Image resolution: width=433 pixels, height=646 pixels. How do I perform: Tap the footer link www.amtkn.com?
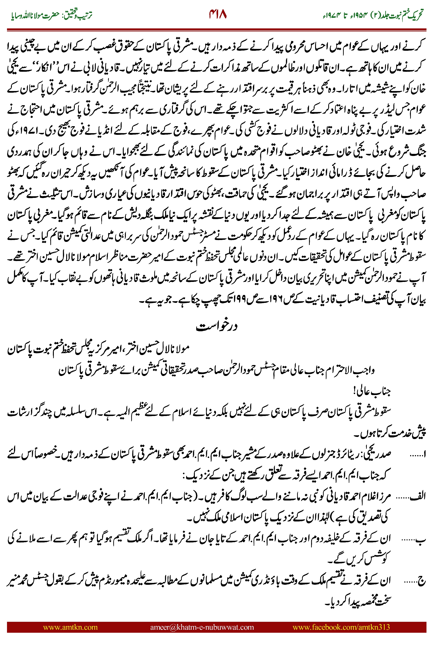tap(70, 627)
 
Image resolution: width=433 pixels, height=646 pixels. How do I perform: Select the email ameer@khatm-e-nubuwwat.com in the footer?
tap(202, 627)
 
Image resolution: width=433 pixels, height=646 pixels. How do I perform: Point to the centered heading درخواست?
tap(216, 326)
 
